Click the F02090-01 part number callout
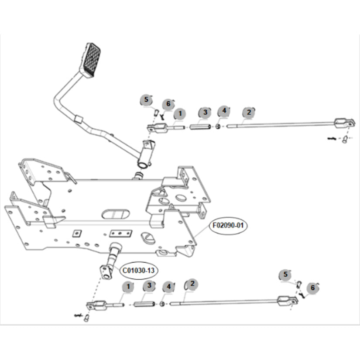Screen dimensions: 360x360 [x=229, y=226]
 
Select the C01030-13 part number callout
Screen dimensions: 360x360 [x=138, y=271]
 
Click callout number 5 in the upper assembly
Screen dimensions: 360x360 [x=147, y=100]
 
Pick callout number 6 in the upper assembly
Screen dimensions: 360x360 [x=168, y=104]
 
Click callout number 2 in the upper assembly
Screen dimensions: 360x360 [x=249, y=112]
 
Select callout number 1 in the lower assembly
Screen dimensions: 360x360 [x=128, y=287]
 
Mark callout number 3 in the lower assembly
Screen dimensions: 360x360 [x=149, y=286]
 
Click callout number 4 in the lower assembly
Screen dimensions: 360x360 [x=168, y=287]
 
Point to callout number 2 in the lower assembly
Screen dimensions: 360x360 [x=192, y=284]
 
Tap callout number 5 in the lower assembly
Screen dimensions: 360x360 [x=285, y=274]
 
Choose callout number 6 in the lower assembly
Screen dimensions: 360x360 [x=312, y=288]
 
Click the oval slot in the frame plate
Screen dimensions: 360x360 [x=115, y=213]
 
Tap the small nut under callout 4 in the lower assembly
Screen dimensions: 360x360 [x=162, y=304]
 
